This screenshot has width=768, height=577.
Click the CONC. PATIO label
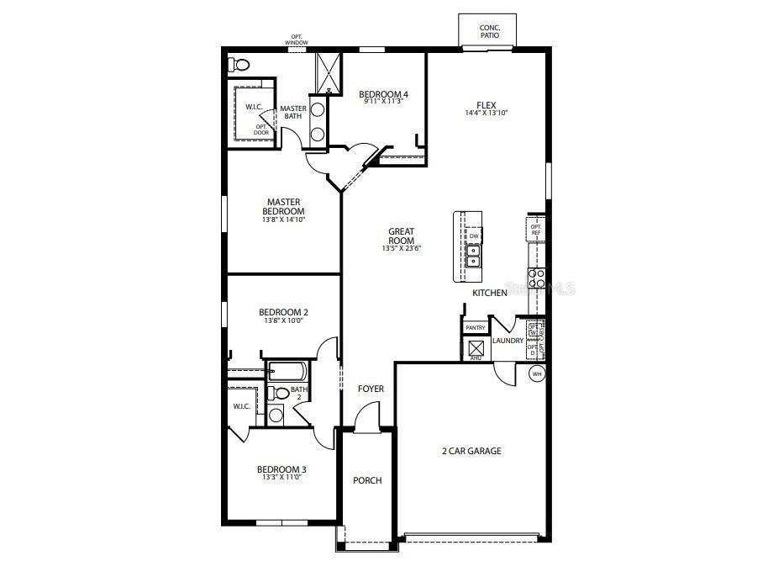point(490,31)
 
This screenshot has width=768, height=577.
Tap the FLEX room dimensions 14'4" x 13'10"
point(487,114)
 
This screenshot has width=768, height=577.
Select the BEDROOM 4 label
point(383,94)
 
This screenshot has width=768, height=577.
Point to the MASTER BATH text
point(292,112)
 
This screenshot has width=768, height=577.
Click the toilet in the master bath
point(239,64)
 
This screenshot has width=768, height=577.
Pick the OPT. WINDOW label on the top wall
point(297,40)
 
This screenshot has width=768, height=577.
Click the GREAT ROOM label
point(401,236)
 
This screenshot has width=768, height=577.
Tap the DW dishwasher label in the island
point(474,236)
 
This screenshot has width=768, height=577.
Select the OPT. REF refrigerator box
point(535,229)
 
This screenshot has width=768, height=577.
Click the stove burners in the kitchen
point(536,278)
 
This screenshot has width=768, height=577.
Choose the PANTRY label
point(476,328)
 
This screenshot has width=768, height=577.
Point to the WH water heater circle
point(537,373)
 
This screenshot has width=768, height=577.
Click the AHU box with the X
point(476,348)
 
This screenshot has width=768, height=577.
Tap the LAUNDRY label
point(508,341)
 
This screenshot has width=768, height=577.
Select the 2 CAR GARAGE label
point(471,451)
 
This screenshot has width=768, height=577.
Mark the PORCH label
point(367,480)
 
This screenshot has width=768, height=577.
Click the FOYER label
point(371,389)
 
